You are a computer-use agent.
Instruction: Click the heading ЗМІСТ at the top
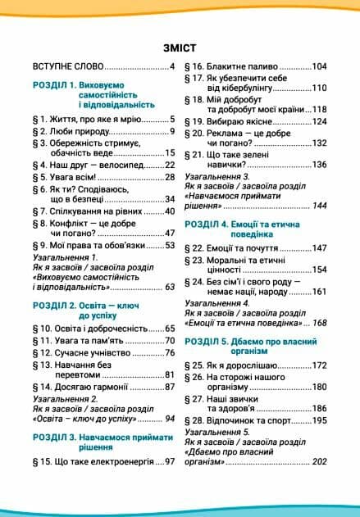coord(180,48)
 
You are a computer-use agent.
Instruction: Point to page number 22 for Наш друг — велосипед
coord(170,165)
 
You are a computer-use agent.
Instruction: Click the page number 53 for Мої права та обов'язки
coord(170,245)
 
